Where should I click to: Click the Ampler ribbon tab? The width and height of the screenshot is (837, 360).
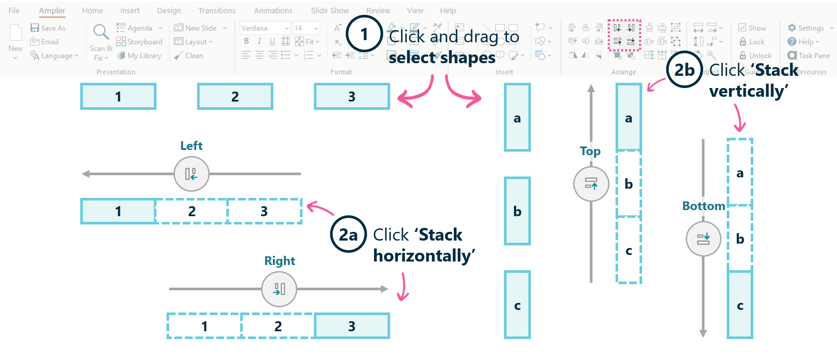[x=52, y=10]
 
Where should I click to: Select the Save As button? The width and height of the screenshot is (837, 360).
[x=48, y=28]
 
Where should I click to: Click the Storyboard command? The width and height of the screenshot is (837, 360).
[x=139, y=42]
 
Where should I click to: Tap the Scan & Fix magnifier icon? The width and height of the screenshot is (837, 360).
[x=101, y=32]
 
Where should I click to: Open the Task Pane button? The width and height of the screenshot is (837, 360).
[x=809, y=56]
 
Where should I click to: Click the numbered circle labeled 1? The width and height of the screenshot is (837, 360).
[x=364, y=34]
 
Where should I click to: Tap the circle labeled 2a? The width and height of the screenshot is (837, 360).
[x=348, y=234]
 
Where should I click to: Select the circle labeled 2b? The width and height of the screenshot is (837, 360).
[x=684, y=70]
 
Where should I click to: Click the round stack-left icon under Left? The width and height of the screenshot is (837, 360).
[x=191, y=174]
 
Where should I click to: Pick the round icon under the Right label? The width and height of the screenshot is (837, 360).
[x=279, y=289]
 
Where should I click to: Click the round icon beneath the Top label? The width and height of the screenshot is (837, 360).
[x=591, y=183]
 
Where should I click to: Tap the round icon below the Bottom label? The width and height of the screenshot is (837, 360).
[x=703, y=238]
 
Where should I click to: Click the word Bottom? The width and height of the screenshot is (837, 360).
[x=703, y=206]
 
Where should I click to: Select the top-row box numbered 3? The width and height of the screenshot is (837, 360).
[x=352, y=96]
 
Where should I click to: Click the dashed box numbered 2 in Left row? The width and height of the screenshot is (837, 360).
[x=192, y=211]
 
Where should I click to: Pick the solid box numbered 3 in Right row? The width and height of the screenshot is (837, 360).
[x=352, y=326]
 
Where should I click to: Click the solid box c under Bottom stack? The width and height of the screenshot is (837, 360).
[x=740, y=305]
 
